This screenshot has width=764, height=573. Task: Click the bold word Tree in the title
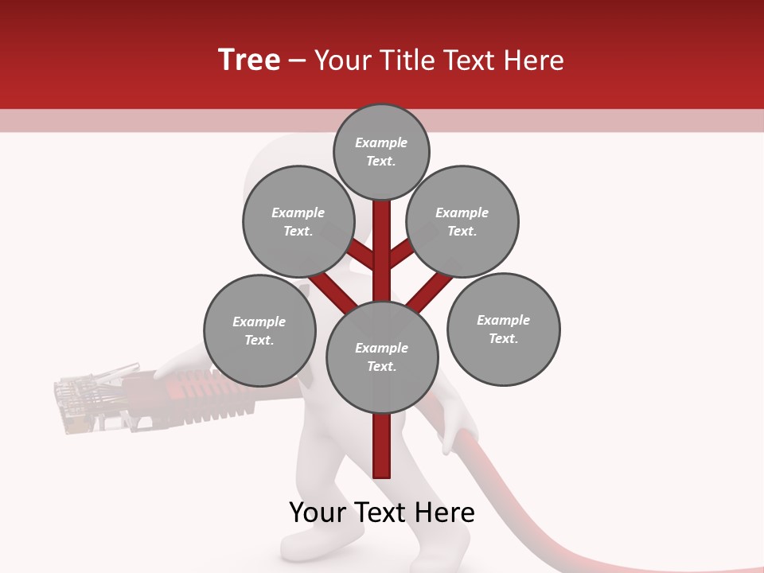click(249, 60)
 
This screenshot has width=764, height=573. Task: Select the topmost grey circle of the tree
click(381, 151)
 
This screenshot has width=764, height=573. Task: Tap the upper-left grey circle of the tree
click(298, 222)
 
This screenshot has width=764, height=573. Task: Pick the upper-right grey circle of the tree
click(462, 222)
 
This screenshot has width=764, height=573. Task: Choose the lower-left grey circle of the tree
click(259, 331)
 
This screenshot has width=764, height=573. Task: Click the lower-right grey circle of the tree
click(503, 329)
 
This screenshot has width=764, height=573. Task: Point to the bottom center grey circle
click(382, 357)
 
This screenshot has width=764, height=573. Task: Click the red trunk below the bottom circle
click(382, 446)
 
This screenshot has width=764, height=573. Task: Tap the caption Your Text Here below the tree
click(382, 513)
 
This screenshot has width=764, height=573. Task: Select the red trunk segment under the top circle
click(382, 231)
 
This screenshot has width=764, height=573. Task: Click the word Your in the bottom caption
click(318, 513)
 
